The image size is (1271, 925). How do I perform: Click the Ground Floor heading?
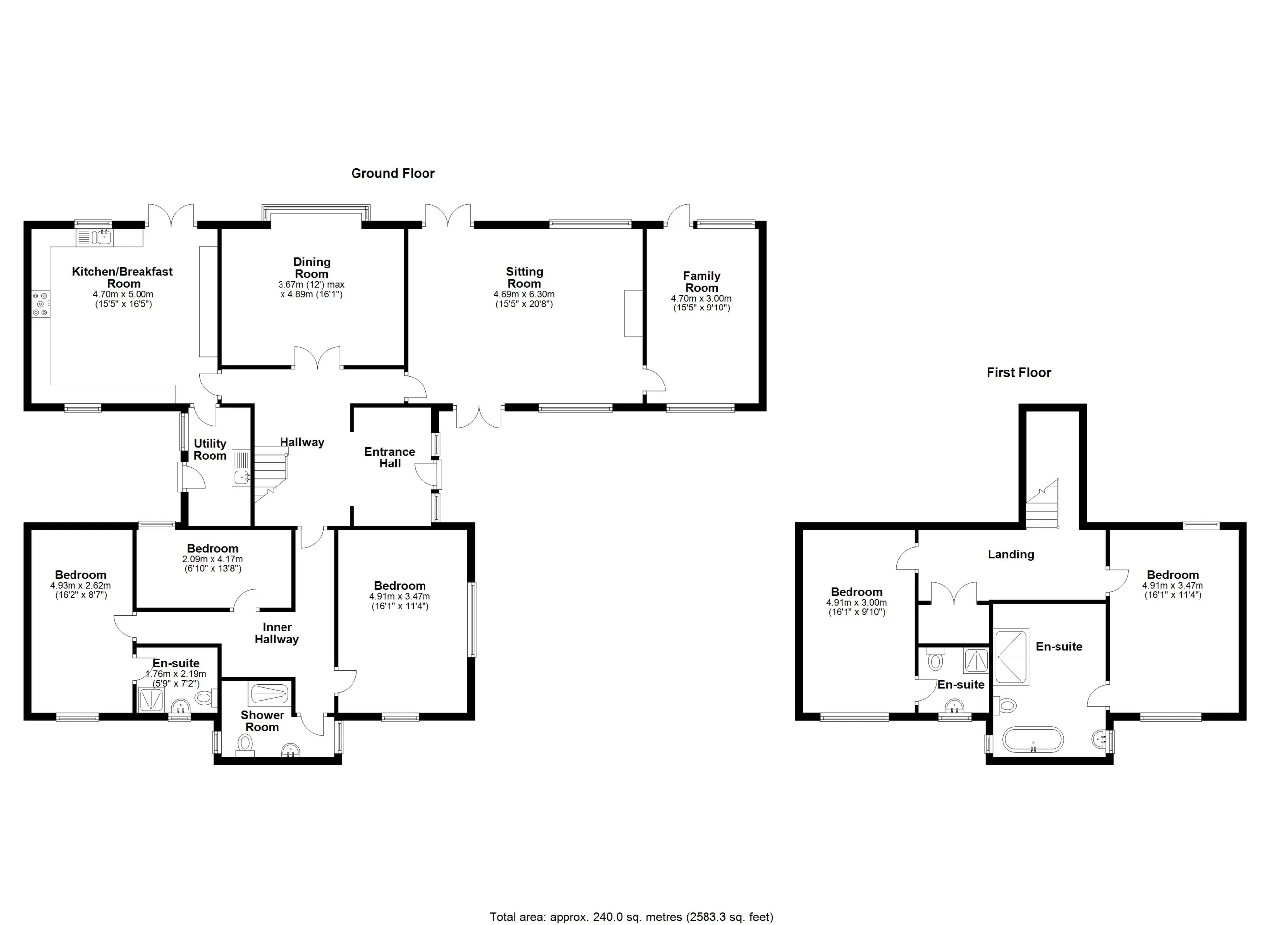(x=393, y=174)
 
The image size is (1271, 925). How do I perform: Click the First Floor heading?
(x=1018, y=372)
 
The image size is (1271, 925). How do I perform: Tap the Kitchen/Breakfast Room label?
(x=123, y=277)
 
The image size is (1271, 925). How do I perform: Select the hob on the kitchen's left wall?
(x=40, y=304)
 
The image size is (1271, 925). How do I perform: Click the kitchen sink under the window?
(x=103, y=237)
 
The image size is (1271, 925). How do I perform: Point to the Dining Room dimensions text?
(x=312, y=289)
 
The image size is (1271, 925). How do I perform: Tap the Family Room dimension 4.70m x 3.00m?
(x=701, y=298)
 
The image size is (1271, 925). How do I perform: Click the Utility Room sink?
(x=241, y=477)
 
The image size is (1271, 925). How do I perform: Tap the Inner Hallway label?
(x=277, y=633)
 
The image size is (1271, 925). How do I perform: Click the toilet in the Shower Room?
(x=245, y=743)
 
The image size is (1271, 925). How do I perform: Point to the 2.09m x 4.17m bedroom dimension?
(x=212, y=559)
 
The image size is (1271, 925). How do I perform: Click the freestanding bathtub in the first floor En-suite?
(x=1033, y=739)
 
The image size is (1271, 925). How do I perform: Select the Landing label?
(x=1010, y=554)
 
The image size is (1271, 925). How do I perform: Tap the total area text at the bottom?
(x=631, y=917)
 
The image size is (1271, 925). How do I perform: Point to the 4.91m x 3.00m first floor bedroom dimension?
(x=856, y=603)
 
